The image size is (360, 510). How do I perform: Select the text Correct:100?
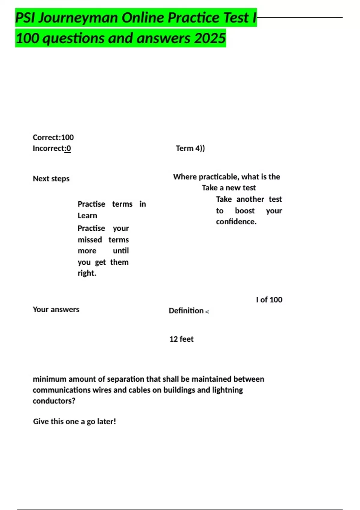point(53,137)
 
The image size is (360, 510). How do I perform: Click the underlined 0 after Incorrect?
point(69,148)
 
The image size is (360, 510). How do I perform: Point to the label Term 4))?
point(190,148)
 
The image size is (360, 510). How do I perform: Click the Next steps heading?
point(51,178)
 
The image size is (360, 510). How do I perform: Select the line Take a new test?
point(229,188)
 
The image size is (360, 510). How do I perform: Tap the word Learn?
point(87,216)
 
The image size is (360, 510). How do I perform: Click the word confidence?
point(236,222)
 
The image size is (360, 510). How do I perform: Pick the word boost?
point(244,211)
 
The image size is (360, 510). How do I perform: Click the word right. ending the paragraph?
point(87,273)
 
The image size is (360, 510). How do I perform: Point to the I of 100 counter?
point(269,300)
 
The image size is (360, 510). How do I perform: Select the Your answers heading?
point(56,309)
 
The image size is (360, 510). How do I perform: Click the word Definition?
point(186,310)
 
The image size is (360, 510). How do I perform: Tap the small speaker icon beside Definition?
point(207,312)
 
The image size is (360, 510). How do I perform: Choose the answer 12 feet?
point(181,339)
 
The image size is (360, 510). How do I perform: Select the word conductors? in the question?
point(54,401)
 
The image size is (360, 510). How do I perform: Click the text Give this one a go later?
point(74,421)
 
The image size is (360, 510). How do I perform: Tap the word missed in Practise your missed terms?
point(90,240)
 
